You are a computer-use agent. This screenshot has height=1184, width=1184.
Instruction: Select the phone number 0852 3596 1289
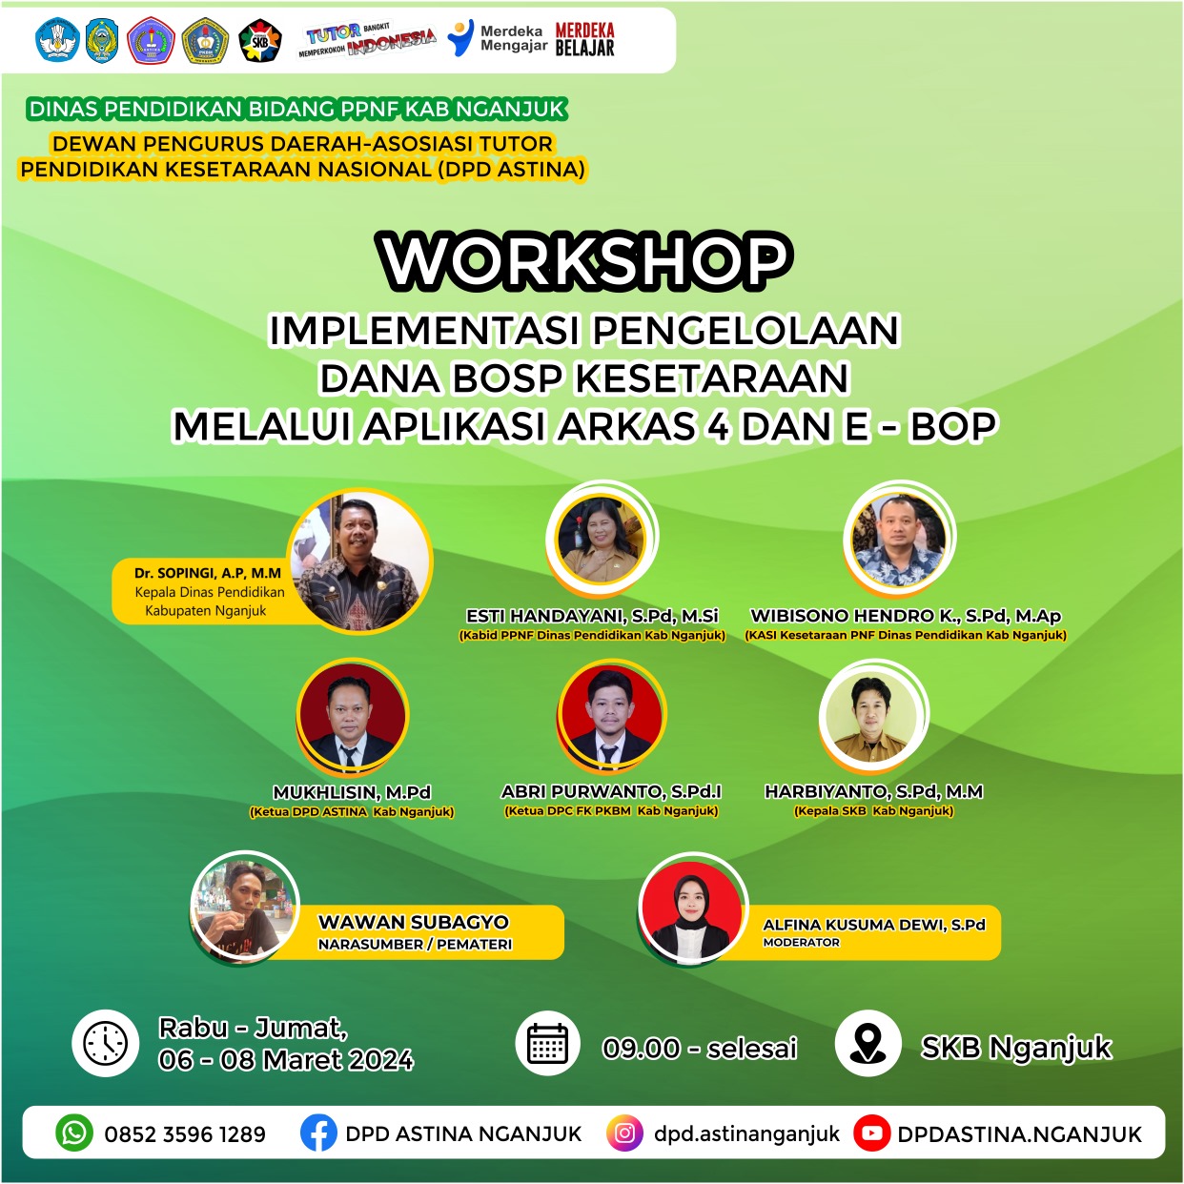(x=185, y=1134)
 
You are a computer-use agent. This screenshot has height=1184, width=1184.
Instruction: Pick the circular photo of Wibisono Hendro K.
(x=899, y=539)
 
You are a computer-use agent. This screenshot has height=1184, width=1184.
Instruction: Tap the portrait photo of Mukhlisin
(x=352, y=713)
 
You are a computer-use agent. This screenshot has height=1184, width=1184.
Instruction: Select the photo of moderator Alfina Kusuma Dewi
(x=693, y=907)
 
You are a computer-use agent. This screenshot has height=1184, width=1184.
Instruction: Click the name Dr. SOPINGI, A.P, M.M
(x=208, y=573)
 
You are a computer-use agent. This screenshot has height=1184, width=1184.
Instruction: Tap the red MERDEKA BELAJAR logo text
(x=584, y=39)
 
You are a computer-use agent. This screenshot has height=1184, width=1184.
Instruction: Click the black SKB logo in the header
(x=260, y=41)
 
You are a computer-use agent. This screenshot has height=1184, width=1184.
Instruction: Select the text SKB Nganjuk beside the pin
(x=1015, y=1047)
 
